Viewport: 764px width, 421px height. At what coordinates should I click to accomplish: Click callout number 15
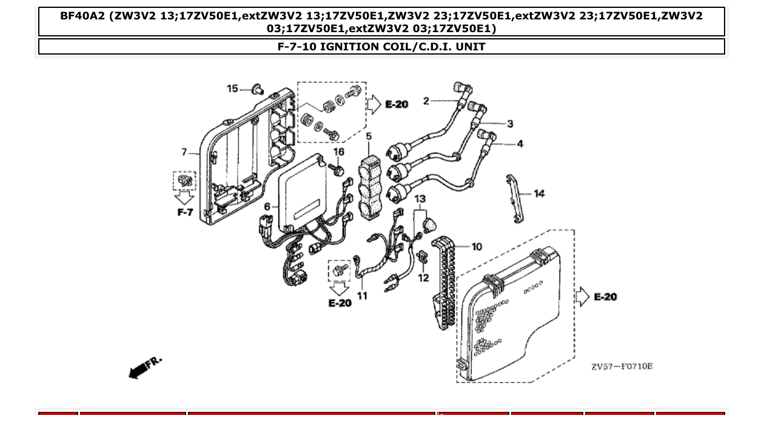[x=232, y=89]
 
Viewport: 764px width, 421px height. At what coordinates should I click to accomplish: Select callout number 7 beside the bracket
[x=184, y=152]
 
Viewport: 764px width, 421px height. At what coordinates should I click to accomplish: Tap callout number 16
[x=338, y=152]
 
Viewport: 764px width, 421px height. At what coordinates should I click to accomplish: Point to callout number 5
[x=369, y=137]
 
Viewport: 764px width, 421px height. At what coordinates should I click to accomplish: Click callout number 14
[x=539, y=194]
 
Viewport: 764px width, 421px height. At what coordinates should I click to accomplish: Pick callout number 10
[x=477, y=246]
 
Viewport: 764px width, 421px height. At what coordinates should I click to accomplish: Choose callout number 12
[x=423, y=278]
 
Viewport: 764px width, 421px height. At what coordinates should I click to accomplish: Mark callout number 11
[x=362, y=296]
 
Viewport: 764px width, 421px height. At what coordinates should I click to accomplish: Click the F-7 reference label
[x=185, y=212]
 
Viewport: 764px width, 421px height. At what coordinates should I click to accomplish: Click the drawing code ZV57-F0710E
[x=622, y=366]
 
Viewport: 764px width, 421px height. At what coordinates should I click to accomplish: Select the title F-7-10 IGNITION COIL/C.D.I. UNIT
[x=381, y=47]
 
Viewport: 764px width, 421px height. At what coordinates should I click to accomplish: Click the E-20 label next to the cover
[x=605, y=297]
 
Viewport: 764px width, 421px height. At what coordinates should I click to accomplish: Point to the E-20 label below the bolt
[x=340, y=302]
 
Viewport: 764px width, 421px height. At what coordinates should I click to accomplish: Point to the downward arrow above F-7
[x=184, y=198]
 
